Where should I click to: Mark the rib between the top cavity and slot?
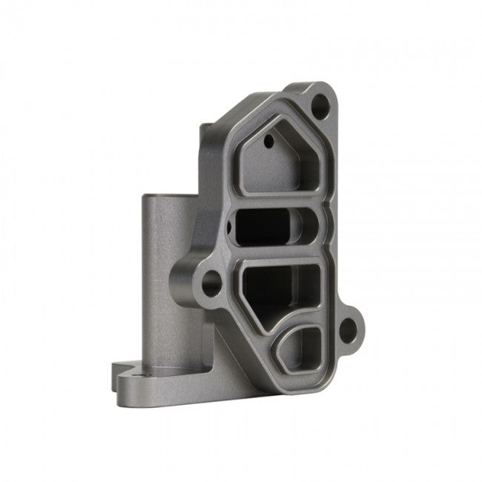(278, 200)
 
